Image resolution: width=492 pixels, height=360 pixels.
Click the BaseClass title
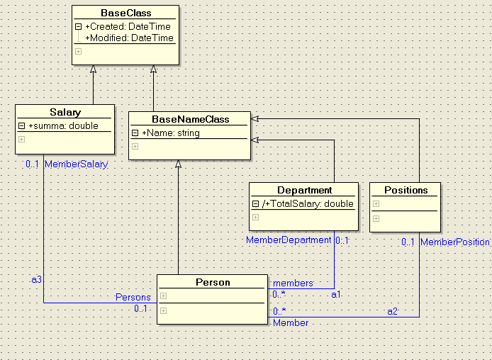click(x=125, y=13)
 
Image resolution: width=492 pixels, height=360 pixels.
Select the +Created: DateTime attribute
click(x=128, y=26)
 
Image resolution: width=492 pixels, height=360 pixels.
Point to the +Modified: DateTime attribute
click(x=129, y=38)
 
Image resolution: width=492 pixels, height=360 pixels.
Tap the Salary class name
click(x=65, y=112)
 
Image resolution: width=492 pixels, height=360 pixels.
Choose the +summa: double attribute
click(x=63, y=125)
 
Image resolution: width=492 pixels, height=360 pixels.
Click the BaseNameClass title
click(x=190, y=119)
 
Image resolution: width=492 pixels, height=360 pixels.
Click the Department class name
click(x=305, y=190)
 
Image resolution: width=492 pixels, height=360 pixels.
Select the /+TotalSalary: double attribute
click(x=307, y=203)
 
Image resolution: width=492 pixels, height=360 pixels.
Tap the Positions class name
click(x=406, y=190)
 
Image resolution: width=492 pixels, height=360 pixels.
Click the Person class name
click(x=213, y=282)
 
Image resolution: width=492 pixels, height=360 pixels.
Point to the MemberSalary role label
click(x=76, y=164)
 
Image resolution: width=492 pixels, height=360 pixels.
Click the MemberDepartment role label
click(x=289, y=240)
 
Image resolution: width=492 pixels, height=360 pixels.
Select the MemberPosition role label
click(x=454, y=242)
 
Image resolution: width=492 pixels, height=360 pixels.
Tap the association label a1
click(x=337, y=293)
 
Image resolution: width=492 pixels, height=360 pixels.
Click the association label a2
click(x=392, y=311)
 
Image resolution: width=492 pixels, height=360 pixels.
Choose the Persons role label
click(x=133, y=297)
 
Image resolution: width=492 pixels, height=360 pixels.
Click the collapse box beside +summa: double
click(x=22, y=125)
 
